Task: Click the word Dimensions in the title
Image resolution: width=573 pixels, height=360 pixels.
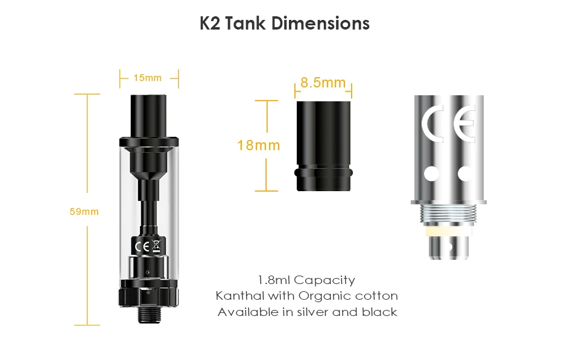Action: click(320, 24)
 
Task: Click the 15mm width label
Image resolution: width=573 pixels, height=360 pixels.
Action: click(147, 78)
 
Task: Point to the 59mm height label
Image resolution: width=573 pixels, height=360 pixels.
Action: click(84, 212)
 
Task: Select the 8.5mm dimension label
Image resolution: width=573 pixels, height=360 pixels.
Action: click(323, 83)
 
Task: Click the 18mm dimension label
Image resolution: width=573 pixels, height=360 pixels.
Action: click(258, 145)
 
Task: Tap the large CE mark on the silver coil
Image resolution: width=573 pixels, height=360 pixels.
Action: click(449, 123)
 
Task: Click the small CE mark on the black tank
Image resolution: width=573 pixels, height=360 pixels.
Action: click(142, 247)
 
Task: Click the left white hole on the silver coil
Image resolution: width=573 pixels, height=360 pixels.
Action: click(432, 173)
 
